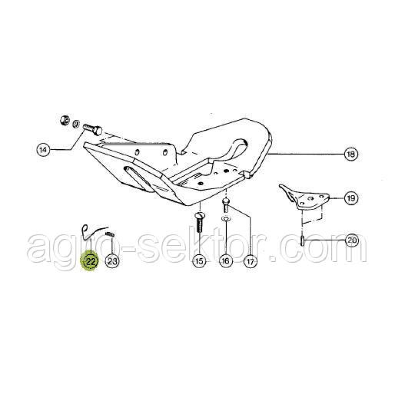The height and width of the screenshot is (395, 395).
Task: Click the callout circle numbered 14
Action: point(43,150)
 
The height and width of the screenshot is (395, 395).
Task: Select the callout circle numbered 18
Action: point(351,154)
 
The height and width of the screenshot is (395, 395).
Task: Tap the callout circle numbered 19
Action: point(351,198)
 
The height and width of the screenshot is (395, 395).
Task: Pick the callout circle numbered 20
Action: point(352,240)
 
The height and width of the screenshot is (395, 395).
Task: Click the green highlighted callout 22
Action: point(90,262)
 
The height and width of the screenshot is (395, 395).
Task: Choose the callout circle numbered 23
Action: point(112,261)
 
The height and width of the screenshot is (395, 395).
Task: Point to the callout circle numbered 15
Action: point(199,261)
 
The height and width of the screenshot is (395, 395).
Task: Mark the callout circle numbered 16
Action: point(226,261)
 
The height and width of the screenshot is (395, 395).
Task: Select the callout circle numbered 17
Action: point(250,261)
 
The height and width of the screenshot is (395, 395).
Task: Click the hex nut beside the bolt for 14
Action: point(65,120)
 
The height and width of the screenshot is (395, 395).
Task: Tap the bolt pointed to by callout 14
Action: point(92,129)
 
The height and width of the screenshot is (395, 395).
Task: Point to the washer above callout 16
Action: point(226,218)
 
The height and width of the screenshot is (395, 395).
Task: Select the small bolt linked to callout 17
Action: point(226,205)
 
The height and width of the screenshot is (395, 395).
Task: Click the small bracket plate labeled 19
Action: point(304,197)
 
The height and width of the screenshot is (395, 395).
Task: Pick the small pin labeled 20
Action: point(302,240)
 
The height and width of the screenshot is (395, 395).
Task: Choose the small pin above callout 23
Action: point(110,234)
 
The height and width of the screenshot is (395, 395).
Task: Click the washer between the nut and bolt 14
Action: point(76,124)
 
